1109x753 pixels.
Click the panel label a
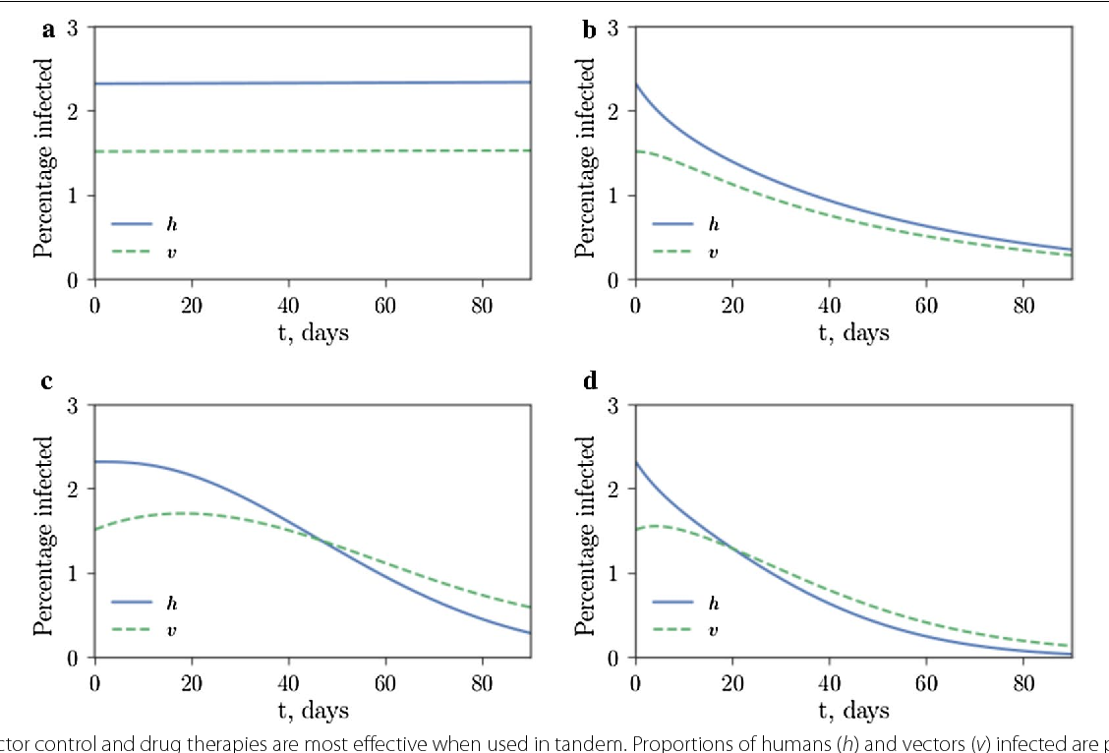(48, 30)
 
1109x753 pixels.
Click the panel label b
(590, 30)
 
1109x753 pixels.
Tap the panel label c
(47, 380)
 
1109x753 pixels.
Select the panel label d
(590, 380)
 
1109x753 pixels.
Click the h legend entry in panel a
(172, 224)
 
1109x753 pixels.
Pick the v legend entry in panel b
(713, 253)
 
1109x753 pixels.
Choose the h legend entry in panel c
(172, 602)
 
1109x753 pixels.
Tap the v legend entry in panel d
(713, 630)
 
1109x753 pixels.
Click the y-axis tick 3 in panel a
(73, 28)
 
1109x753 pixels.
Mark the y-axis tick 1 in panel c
(73, 573)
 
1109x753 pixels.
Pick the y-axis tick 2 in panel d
(613, 490)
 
